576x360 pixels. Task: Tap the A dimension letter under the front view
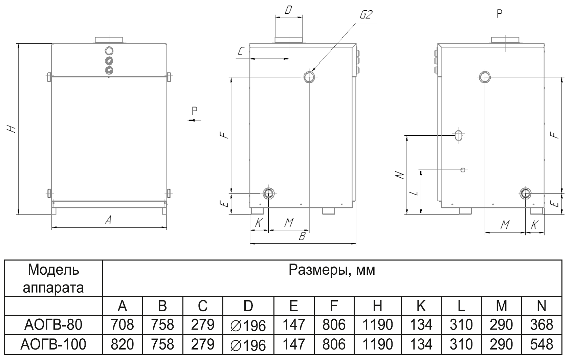coord(108,221)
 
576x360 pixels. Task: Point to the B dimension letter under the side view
coord(302,236)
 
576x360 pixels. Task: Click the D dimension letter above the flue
coord(288,10)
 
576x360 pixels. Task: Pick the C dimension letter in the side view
coord(241,51)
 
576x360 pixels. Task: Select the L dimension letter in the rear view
coord(414,193)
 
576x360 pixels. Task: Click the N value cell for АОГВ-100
coord(541,344)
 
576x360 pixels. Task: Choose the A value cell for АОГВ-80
coord(123,325)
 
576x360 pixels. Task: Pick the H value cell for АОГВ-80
coord(377,325)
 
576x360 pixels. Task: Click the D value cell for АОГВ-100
coord(248,345)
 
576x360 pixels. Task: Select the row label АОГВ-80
coord(53,325)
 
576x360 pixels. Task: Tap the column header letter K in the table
coord(421,306)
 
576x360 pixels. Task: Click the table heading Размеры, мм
coord(332,270)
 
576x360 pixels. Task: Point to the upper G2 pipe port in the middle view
coord(309,77)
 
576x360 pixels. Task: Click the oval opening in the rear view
coord(458,135)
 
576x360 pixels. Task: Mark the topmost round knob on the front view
coord(109,51)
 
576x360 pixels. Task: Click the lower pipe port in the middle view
coord(269,193)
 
